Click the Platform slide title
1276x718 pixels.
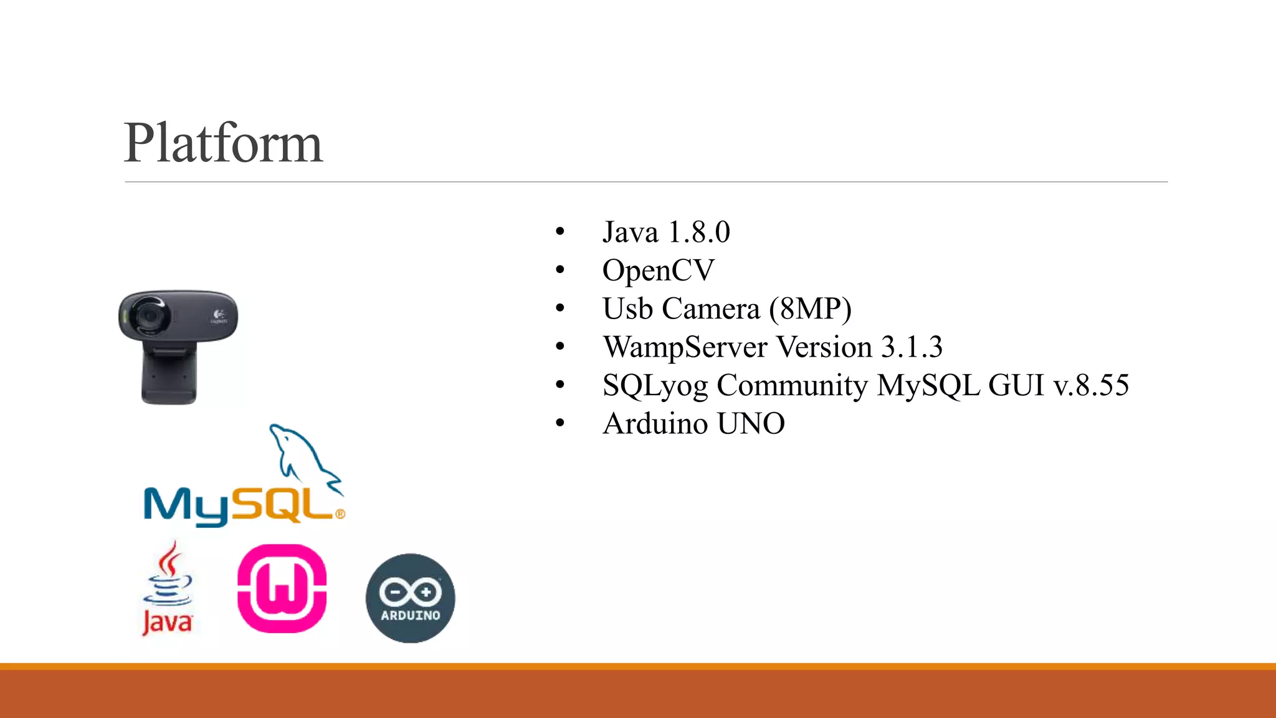(x=223, y=143)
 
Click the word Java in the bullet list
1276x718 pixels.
(x=630, y=232)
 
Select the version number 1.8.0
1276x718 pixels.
(x=698, y=232)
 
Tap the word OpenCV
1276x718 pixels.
(x=658, y=270)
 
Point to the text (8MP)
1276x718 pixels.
(x=810, y=309)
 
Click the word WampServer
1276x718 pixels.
(x=685, y=347)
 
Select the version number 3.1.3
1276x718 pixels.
(x=912, y=347)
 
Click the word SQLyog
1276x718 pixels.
(x=655, y=386)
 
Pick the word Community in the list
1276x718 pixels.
(x=792, y=386)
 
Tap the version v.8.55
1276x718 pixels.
(x=1091, y=385)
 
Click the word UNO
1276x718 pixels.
(x=751, y=424)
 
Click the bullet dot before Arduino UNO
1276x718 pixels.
(x=560, y=424)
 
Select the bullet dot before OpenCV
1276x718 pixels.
(x=560, y=270)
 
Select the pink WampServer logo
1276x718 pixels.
(x=282, y=588)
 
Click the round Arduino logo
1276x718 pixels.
(x=410, y=598)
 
